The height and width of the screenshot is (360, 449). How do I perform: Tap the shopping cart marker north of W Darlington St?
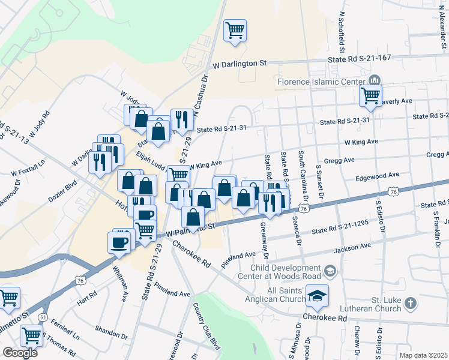[235, 29]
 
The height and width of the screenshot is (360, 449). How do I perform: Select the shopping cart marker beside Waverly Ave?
[371, 95]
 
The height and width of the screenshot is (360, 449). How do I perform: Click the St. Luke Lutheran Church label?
[367, 304]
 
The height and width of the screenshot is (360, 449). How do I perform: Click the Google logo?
[20, 352]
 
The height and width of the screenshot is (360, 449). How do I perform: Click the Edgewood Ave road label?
[377, 175]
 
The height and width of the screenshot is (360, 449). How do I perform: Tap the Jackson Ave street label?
[352, 247]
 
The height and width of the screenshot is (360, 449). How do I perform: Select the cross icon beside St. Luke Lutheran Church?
[411, 303]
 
